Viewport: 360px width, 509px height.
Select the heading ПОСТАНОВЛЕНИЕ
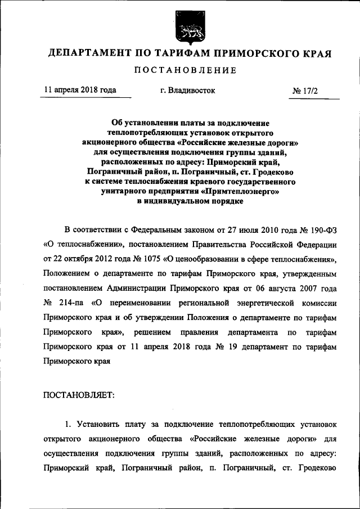(185, 70)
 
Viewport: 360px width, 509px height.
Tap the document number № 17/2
(305, 91)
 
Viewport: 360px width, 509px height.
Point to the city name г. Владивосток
(187, 90)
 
